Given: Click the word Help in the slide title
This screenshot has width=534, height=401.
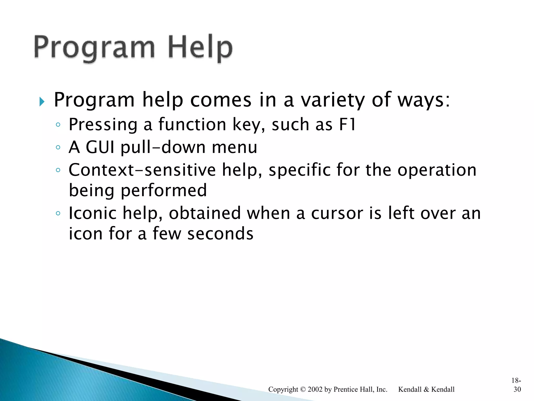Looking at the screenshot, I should point(200,48).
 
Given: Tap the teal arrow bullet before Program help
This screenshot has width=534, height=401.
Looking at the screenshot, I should point(42,102).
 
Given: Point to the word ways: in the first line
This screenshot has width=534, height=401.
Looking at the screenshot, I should point(424,100).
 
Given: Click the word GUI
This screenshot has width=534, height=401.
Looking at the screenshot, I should point(100,147).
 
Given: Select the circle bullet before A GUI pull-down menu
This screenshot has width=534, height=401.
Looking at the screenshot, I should point(58,148).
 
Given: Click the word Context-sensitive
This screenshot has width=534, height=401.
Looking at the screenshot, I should point(142,170).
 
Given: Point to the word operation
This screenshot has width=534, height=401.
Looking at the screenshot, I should point(437,170).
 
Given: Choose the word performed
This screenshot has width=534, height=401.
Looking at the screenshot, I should point(164,190).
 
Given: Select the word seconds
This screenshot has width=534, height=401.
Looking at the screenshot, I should point(220,233).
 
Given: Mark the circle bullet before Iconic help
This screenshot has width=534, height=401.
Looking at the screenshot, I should point(58,213).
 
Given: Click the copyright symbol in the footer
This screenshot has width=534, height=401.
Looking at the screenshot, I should point(303,390).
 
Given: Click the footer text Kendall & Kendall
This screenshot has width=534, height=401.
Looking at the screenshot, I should point(426,390).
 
